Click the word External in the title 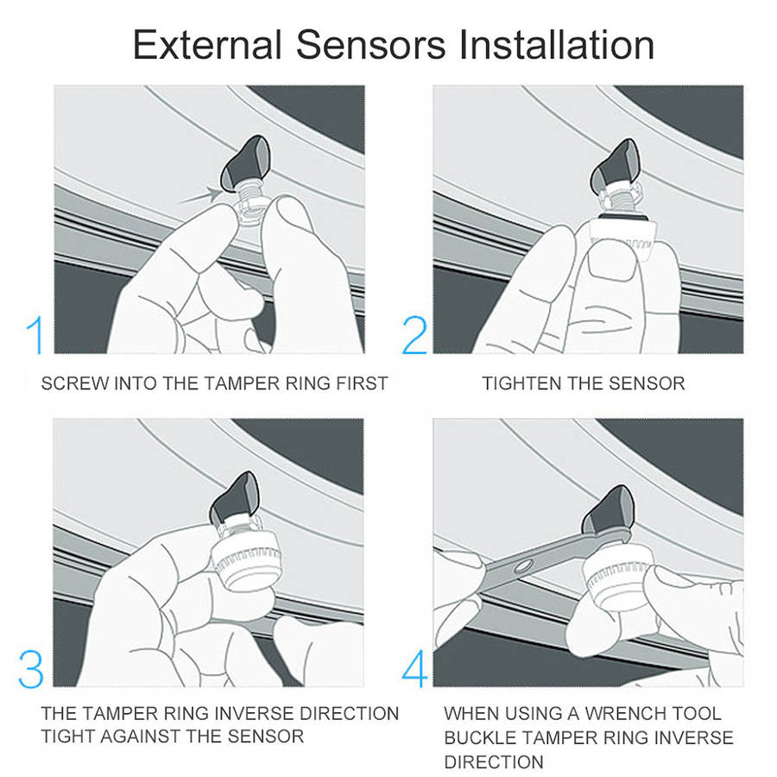click(207, 45)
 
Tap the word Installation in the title click(556, 45)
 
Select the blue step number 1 click(35, 336)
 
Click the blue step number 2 click(414, 336)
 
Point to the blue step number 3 click(31, 669)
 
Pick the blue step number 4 click(414, 669)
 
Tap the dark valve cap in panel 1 click(245, 162)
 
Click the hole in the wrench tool click(524, 565)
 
